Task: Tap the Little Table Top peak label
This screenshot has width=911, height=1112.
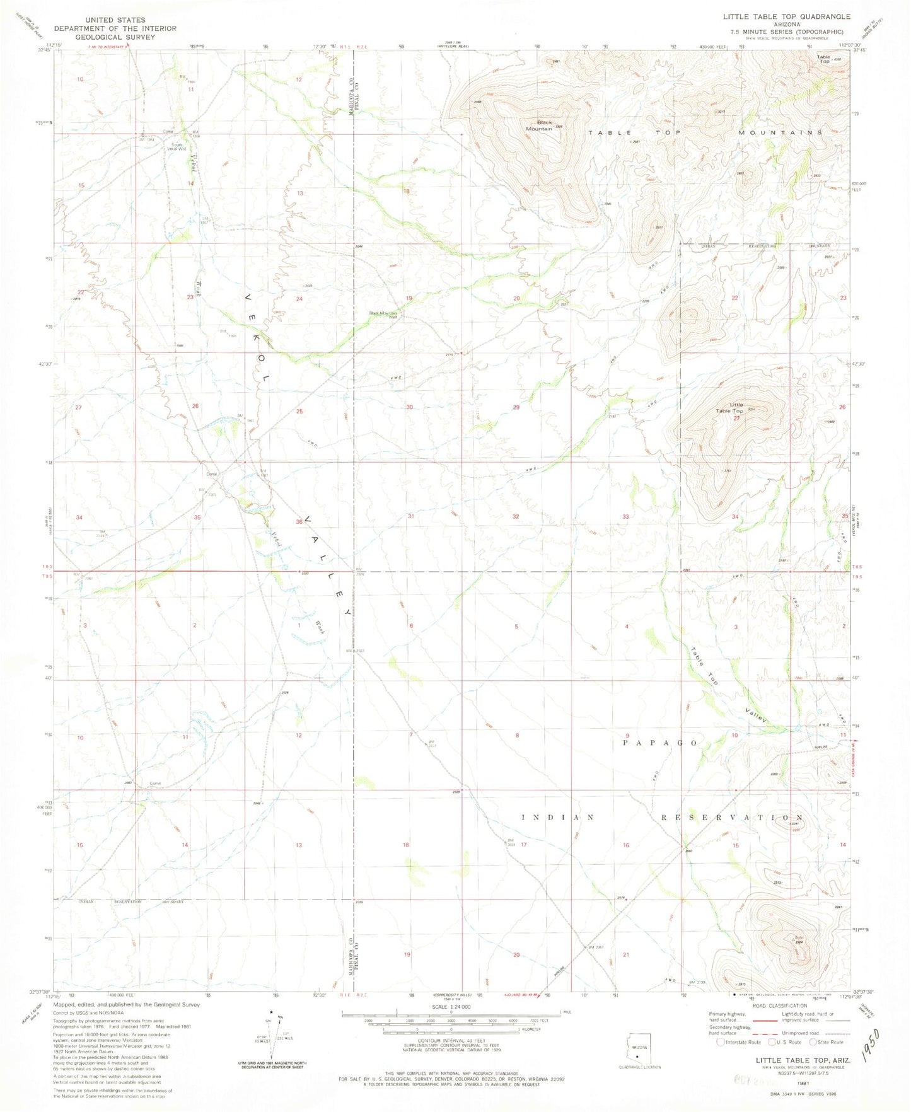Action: click(729, 408)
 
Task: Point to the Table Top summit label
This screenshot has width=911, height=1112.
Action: click(823, 59)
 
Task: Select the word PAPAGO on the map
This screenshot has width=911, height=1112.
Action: click(659, 743)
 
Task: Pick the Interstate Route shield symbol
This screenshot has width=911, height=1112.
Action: click(721, 1042)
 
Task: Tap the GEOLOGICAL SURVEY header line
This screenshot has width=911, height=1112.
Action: click(115, 37)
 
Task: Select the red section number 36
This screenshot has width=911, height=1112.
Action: click(299, 522)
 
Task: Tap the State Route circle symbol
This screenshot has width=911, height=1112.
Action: click(813, 1042)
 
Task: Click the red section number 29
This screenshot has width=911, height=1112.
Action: click(516, 408)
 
